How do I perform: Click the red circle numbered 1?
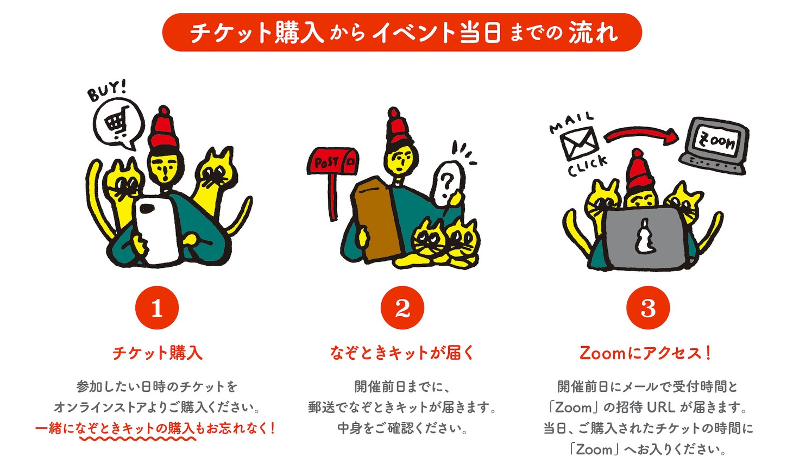click(x=157, y=308)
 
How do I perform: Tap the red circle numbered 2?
click(x=402, y=308)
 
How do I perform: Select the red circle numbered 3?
click(x=648, y=308)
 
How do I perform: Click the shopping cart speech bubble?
click(x=118, y=123)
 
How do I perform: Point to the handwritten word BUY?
click(x=106, y=90)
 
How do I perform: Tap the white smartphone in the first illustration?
click(x=158, y=230)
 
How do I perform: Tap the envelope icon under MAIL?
click(x=579, y=144)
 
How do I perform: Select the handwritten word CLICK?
click(x=587, y=166)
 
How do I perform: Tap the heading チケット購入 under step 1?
click(x=158, y=353)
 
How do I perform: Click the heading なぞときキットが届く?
click(x=402, y=353)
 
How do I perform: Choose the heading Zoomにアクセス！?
click(x=646, y=353)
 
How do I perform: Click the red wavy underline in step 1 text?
click(x=138, y=439)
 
